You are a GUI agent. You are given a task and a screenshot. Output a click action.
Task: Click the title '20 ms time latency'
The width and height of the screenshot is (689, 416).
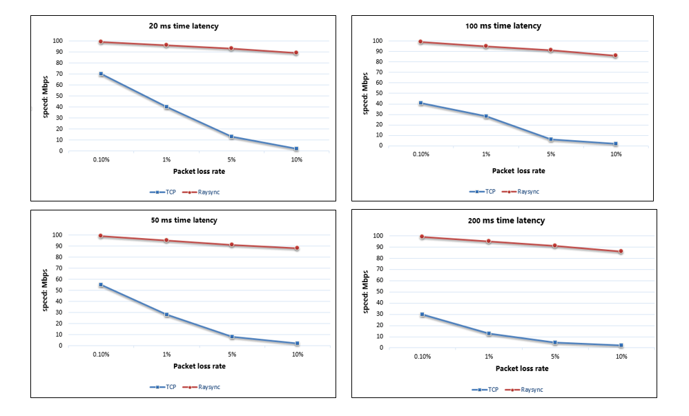coord(184,26)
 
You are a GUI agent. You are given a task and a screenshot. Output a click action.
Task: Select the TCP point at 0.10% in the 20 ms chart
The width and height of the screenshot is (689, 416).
coord(101,74)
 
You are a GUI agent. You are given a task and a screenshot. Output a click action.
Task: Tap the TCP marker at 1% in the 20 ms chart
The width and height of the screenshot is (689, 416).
coord(166,107)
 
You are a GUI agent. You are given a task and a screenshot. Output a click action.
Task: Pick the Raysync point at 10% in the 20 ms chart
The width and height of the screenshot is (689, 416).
coord(296,53)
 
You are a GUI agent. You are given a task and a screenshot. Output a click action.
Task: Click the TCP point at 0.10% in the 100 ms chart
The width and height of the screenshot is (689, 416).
coord(420,103)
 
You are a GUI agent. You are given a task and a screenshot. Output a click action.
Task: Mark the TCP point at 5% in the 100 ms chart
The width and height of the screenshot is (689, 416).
coord(550,139)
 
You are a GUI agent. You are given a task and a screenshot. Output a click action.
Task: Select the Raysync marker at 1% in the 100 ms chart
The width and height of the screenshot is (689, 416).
coord(485,46)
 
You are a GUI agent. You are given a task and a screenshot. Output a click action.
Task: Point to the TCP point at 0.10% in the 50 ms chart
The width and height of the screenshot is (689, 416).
coord(101,285)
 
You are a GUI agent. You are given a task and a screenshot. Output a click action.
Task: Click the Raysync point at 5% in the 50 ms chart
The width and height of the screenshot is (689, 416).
coord(231,245)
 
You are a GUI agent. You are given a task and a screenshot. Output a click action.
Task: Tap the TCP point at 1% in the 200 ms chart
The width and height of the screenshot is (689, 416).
coord(489,333)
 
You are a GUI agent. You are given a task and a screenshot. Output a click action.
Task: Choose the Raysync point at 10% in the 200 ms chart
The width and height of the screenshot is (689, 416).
coord(621,252)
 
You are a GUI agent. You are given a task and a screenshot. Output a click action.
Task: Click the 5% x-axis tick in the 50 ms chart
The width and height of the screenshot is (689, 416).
coord(231,355)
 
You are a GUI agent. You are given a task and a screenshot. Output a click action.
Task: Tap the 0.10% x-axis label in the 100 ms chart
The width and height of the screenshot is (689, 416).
coord(420,155)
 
